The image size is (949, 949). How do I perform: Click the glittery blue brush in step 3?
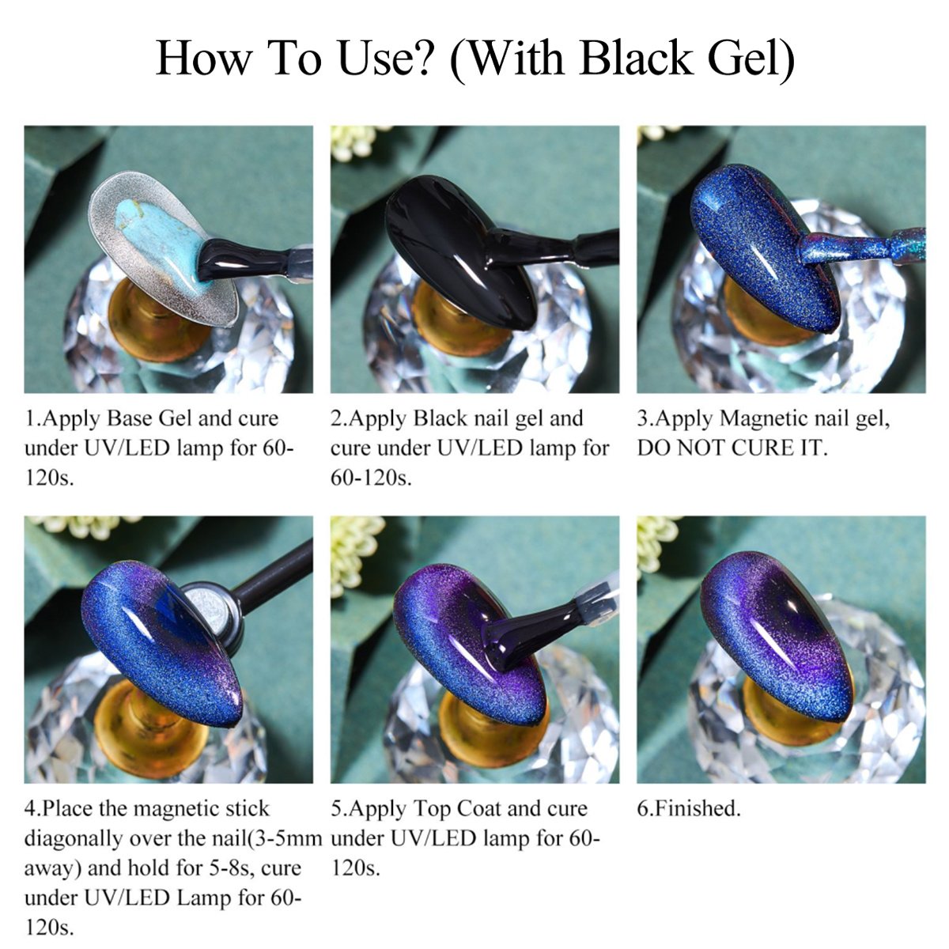862,245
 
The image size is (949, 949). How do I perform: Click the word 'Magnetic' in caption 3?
763,419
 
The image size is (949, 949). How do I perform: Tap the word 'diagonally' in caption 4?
73,839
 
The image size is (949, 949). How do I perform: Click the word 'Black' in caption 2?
439,419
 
